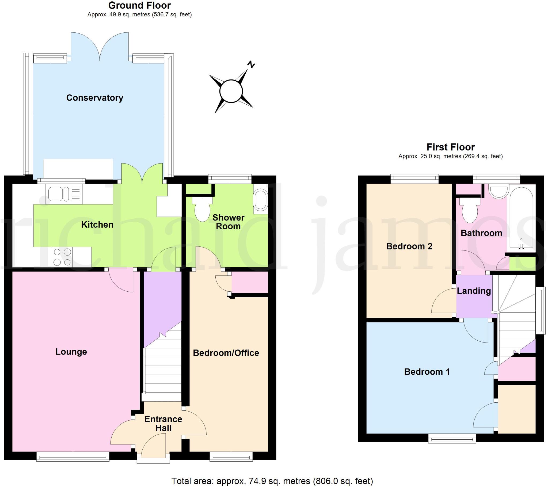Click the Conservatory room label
pos(95,98)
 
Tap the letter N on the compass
pos(251,64)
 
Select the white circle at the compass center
pos(231,91)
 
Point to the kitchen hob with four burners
pos(62,257)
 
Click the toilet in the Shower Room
pos(202,210)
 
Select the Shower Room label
pos(228,222)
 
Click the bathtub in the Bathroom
pos(521,218)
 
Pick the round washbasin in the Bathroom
pos(499,191)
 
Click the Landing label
pos(474,291)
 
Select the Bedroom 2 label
pos(409,246)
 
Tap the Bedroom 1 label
pos(427,372)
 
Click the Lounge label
pos(71,352)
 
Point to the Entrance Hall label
pos(163,423)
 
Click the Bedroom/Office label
pos(226,353)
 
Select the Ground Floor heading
pos(139,5)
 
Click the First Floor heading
pos(450,147)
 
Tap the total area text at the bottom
pos(272,481)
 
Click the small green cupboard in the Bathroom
pos(522,263)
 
